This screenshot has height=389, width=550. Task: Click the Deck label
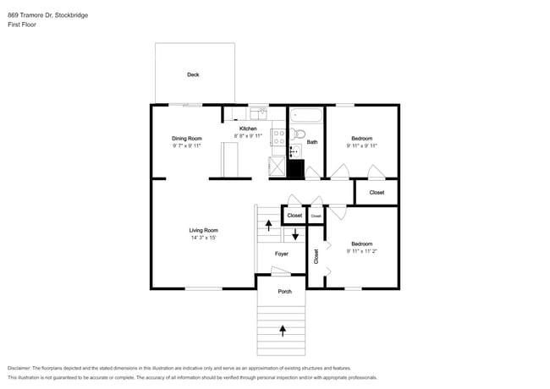point(193,74)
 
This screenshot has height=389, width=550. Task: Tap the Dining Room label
point(187,139)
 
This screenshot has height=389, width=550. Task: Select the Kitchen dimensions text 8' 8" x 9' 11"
point(248,135)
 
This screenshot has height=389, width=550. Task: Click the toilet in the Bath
point(298,134)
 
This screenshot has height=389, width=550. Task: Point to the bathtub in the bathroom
point(305,115)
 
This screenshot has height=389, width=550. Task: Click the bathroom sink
point(295,151)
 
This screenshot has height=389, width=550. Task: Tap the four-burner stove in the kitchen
point(279,137)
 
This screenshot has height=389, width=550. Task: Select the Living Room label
point(203,230)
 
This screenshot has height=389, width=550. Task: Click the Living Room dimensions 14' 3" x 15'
point(203,238)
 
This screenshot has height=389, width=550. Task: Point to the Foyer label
point(281,254)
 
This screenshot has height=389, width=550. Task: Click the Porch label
point(285,291)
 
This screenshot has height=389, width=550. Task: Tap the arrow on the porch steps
point(283,331)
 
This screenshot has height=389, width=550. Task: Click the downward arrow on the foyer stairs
point(295,234)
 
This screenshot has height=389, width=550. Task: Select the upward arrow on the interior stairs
point(269,225)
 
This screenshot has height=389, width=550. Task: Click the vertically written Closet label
point(316,256)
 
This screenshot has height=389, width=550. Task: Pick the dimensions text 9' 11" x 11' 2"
point(361,251)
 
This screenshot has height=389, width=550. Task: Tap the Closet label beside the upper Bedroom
point(377,193)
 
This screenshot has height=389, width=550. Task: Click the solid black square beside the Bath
point(295,169)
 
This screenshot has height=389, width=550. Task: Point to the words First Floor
point(22,25)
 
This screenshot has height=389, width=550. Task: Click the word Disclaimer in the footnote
point(19,369)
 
